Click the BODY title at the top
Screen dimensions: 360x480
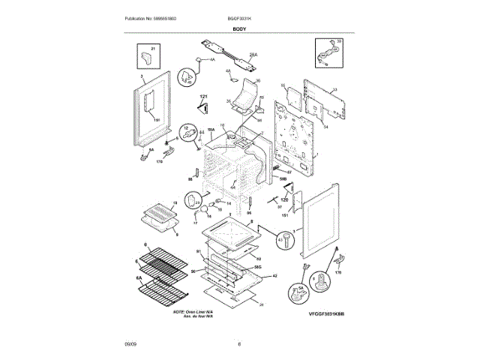pyautogui.click(x=240, y=28)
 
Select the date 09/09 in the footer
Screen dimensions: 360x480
pyautogui.click(x=130, y=343)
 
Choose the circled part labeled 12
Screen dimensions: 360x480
pyautogui.click(x=190, y=133)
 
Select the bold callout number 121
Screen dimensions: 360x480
pyautogui.click(x=202, y=97)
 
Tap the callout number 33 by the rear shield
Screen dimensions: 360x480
pyautogui.click(x=335, y=90)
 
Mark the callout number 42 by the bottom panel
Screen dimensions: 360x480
pyautogui.click(x=274, y=276)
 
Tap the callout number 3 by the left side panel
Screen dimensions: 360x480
pyautogui.click(x=141, y=77)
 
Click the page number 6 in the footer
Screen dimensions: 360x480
pyautogui.click(x=239, y=343)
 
